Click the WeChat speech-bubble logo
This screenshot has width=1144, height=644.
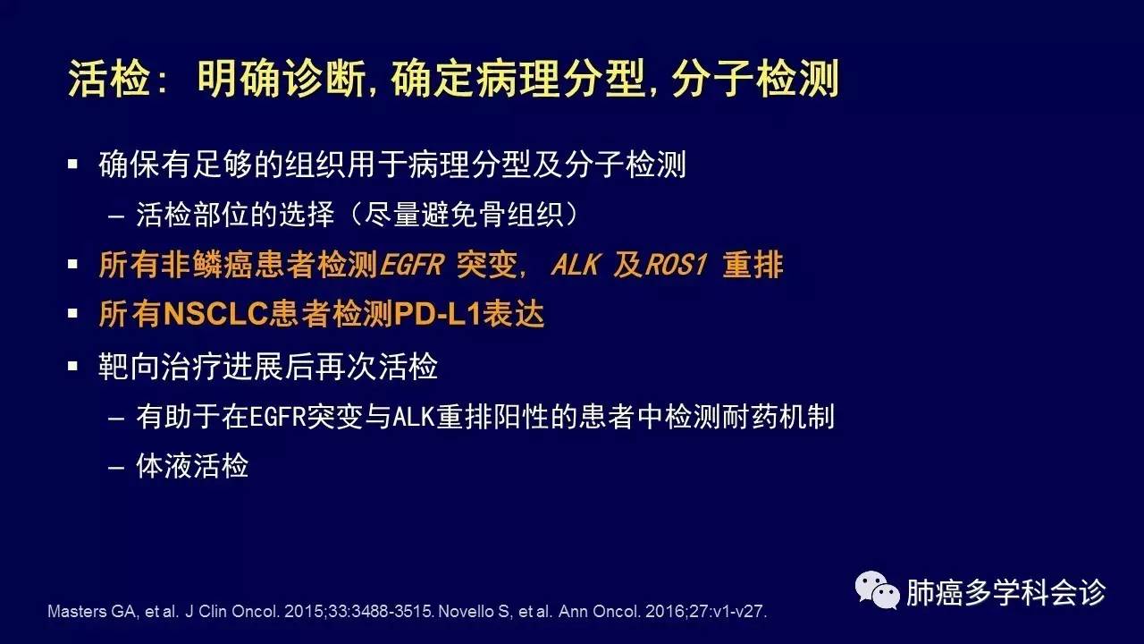[x=877, y=590]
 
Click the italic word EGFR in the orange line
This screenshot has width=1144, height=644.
[x=412, y=265]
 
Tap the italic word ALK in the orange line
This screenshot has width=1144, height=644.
[x=575, y=265]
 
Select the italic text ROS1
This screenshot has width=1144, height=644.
[x=677, y=265]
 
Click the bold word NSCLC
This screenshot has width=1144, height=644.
[x=215, y=313]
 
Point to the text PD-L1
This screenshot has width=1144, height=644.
[x=438, y=313]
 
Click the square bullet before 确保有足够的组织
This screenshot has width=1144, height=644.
[x=72, y=164]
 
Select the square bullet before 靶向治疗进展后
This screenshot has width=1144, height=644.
[x=72, y=366]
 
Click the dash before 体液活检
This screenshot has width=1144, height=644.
[x=116, y=468]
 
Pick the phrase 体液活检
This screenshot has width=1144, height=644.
[x=192, y=466]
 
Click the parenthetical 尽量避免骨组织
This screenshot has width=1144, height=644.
[x=464, y=214]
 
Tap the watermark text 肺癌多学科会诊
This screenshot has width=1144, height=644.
[x=1005, y=592]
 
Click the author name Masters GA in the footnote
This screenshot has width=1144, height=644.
[x=92, y=611]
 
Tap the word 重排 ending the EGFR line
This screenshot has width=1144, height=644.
[x=753, y=265]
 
